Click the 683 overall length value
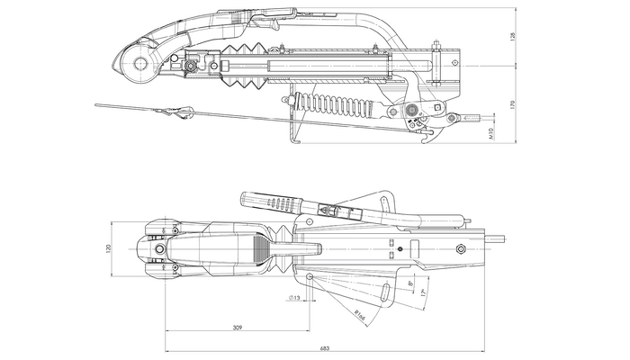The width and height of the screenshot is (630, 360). [x=326, y=350]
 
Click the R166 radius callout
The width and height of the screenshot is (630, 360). [x=357, y=317]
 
